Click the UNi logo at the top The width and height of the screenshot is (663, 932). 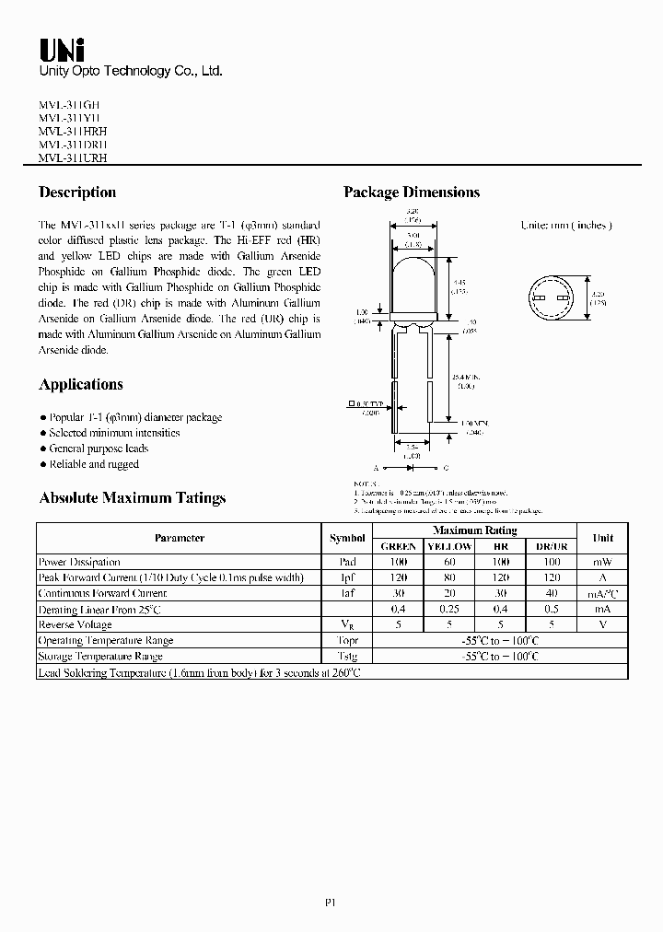[x=62, y=52]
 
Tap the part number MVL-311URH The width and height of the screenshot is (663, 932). [x=73, y=157]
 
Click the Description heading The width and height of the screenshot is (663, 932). [x=77, y=192]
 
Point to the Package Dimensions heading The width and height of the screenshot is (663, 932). [x=412, y=192]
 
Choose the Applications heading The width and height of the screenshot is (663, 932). [x=81, y=385]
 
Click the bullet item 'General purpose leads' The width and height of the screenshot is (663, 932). [x=98, y=449]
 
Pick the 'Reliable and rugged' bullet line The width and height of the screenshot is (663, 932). [x=93, y=464]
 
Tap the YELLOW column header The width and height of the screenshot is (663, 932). [x=449, y=546]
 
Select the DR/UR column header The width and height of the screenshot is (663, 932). [x=552, y=546]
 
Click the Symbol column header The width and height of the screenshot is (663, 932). [x=347, y=538]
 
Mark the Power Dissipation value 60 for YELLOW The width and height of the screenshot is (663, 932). [x=449, y=562]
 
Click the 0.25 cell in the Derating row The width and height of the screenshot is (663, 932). [x=449, y=609]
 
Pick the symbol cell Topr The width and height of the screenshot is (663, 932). [x=347, y=640]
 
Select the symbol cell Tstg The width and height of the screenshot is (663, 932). [x=347, y=656]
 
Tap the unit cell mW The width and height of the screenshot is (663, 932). [x=602, y=562]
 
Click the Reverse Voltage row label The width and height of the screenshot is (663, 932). [x=74, y=624]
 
